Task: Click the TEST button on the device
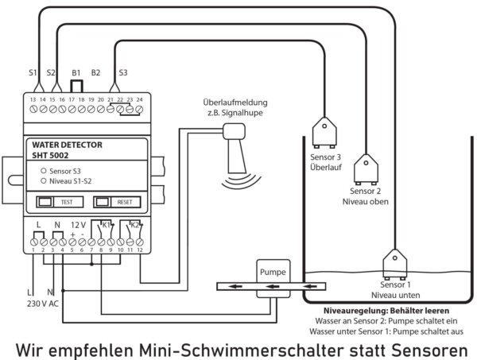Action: tap(60, 202)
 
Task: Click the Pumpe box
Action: tap(273, 278)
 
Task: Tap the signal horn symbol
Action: tap(238, 154)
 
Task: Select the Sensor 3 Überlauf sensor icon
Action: tap(324, 133)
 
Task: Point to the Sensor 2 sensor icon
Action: tap(366, 169)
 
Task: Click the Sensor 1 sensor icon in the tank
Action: tap(394, 265)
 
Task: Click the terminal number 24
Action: tap(139, 99)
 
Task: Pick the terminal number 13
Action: tap(33, 99)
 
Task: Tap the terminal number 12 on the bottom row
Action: tap(140, 250)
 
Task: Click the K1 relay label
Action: tap(106, 226)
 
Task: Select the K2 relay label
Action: tap(134, 226)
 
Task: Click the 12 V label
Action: tap(78, 226)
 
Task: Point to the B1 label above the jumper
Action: tap(76, 73)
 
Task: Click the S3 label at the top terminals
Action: tap(123, 72)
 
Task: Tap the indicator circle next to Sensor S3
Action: tap(44, 171)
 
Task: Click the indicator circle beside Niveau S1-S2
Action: tap(44, 181)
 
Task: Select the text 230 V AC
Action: tap(43, 304)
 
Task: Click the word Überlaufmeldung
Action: tap(235, 103)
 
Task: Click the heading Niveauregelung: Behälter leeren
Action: tap(386, 311)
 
